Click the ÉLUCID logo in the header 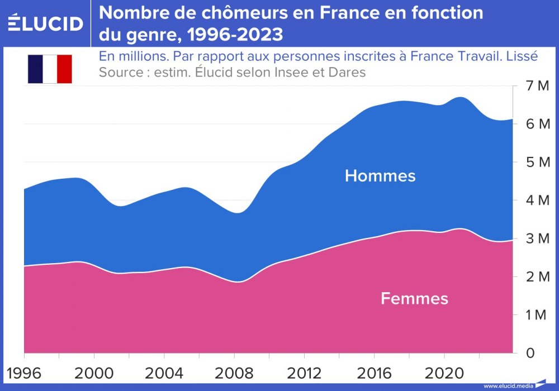tap(45, 23)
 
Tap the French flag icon tap(50, 69)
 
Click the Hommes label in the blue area tap(380, 176)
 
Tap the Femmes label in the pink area tap(414, 298)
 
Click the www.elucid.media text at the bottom tap(508, 386)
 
